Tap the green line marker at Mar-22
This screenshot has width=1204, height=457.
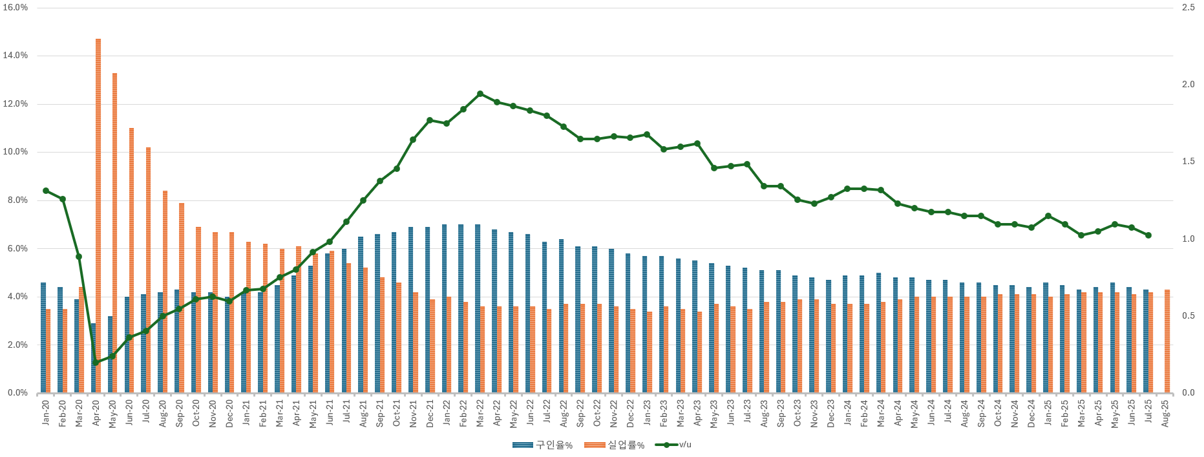click(480, 94)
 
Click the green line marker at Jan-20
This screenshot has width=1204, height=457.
click(46, 191)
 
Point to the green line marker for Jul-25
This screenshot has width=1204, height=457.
click(1148, 235)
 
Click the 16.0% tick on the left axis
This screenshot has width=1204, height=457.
click(16, 8)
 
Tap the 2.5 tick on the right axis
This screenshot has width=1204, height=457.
click(1188, 8)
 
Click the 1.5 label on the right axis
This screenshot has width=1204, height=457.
click(1188, 162)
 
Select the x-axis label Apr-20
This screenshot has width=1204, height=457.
click(96, 412)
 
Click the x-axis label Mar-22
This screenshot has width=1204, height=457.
click(480, 412)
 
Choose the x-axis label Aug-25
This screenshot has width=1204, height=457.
click(1165, 412)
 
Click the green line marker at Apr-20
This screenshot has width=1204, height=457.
click(96, 363)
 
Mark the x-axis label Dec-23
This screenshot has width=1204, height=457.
click(831, 412)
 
